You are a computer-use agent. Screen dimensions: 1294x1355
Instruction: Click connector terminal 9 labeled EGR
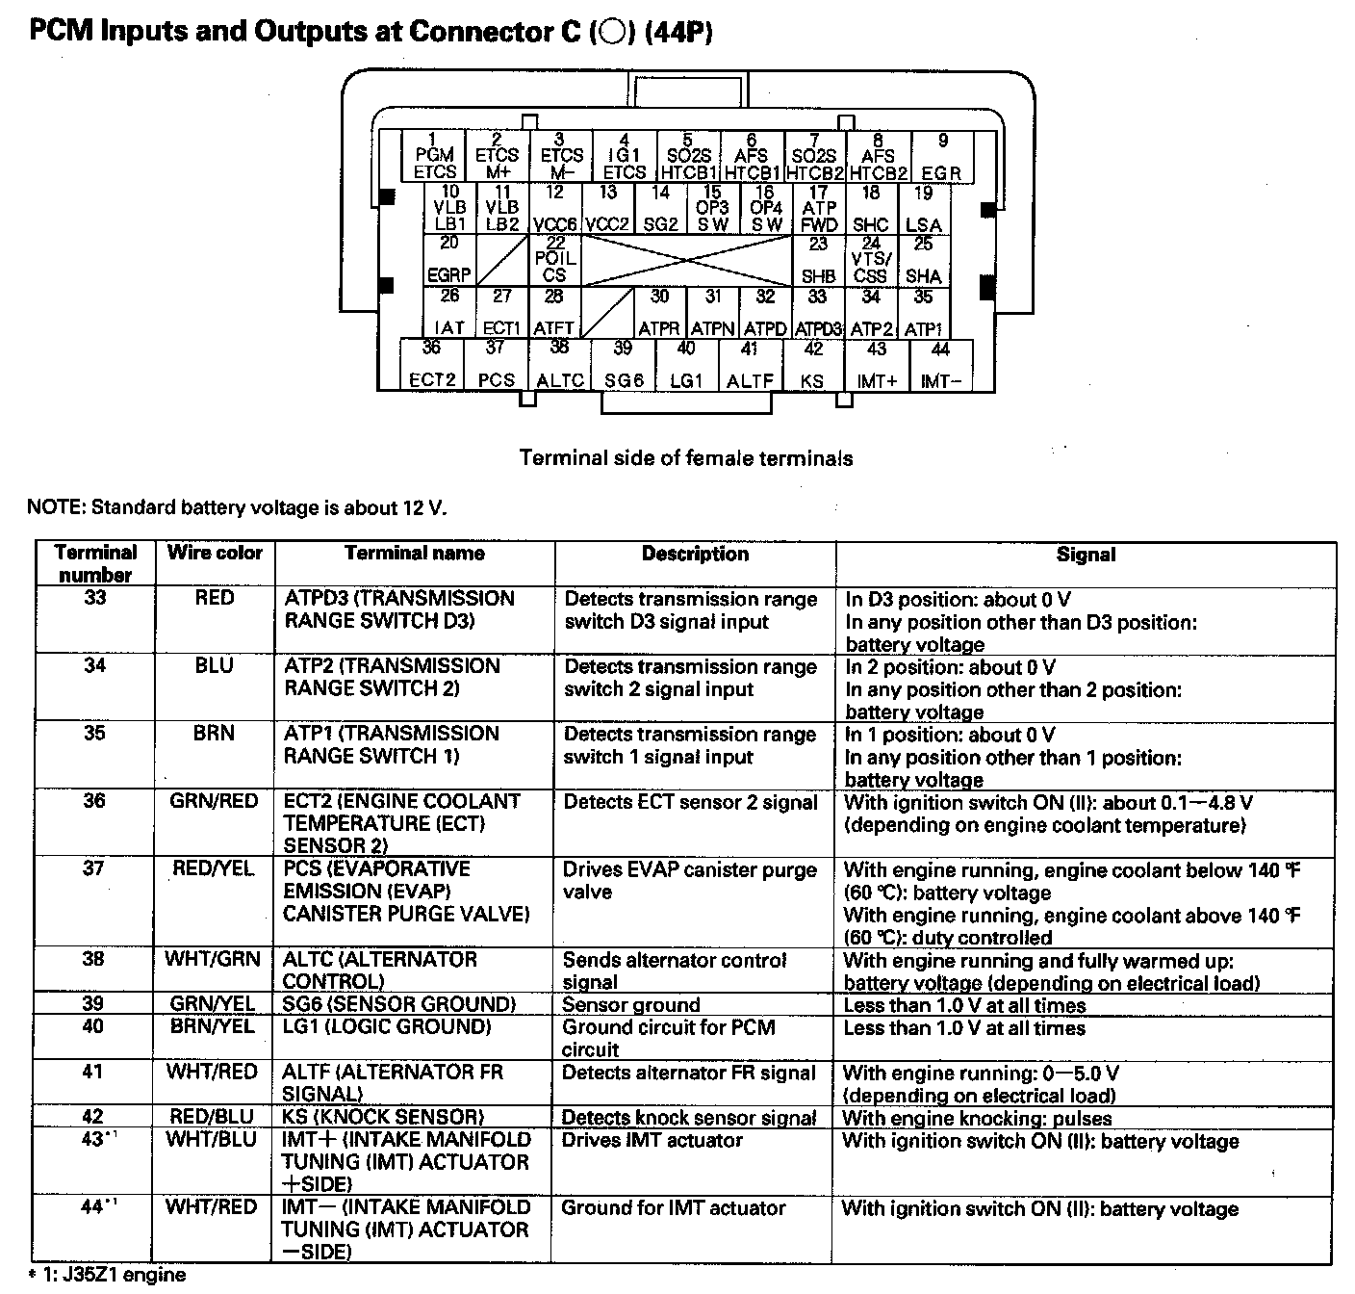point(941,158)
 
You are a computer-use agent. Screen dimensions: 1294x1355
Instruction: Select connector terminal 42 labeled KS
point(813,365)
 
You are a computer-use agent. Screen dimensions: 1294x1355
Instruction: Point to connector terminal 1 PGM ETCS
point(434,158)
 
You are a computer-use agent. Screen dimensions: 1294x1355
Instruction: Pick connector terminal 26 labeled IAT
point(449,312)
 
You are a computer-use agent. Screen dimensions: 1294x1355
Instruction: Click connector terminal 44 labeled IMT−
point(940,365)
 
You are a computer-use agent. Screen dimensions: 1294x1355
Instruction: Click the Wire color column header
point(215,553)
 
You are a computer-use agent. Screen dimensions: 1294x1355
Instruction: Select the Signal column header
point(1085,555)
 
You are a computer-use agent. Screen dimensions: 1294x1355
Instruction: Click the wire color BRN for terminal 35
point(214,734)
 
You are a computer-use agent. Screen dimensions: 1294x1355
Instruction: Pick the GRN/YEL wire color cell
point(213,1004)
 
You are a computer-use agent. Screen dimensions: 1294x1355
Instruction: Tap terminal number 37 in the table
point(93,868)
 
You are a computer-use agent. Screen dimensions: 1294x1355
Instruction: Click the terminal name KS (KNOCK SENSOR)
point(383,1117)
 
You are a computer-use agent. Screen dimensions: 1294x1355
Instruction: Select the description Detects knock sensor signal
point(688,1118)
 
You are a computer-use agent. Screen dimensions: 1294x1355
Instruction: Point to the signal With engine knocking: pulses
point(977,1119)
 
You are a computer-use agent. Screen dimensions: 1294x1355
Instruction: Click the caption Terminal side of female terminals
point(685,458)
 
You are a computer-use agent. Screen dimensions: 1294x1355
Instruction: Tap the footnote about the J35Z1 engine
point(108,1276)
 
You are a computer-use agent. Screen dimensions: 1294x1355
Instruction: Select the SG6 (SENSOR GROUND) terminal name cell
point(398,1004)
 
